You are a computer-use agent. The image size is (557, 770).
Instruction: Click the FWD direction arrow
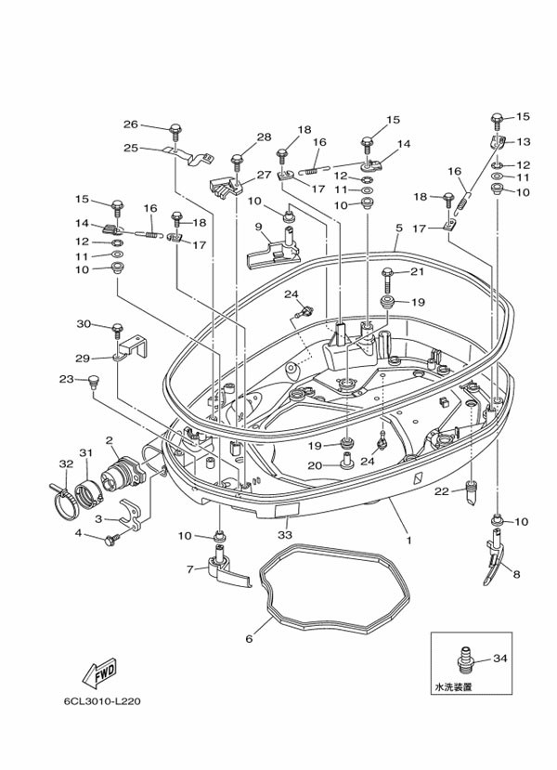98,672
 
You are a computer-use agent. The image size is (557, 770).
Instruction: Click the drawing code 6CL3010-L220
104,701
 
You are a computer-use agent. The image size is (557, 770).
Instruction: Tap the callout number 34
500,659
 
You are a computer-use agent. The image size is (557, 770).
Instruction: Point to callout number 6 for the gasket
248,639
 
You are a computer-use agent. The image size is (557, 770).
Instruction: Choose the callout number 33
285,535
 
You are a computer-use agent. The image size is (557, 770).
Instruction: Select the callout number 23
66,379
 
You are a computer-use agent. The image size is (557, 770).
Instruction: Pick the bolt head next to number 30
118,329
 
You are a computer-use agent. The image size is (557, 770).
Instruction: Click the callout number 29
82,359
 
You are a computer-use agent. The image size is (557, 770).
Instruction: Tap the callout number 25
131,148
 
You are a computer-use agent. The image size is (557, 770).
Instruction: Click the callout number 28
265,137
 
